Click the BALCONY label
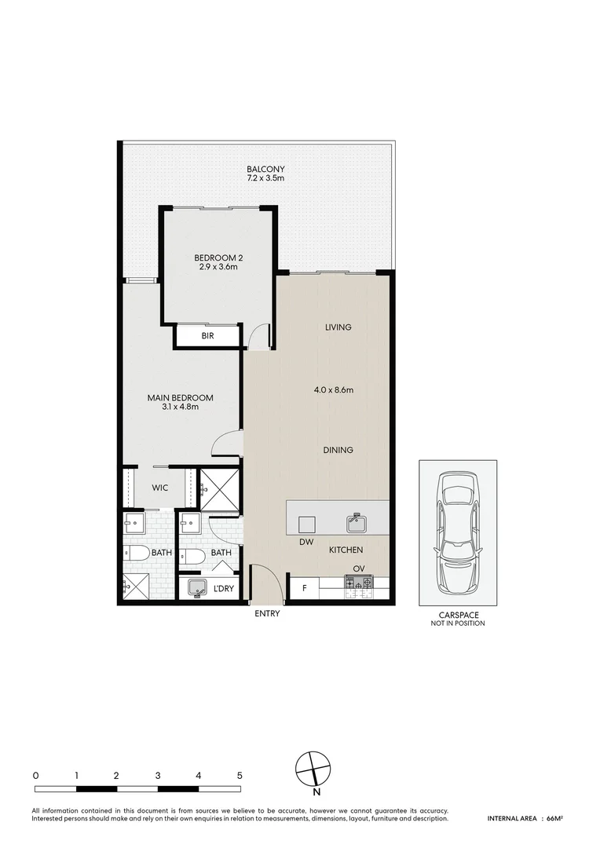(x=265, y=169)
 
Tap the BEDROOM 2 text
(x=218, y=257)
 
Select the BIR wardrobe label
(x=208, y=336)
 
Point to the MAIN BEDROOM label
(x=180, y=398)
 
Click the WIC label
(x=160, y=488)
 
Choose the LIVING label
(x=338, y=327)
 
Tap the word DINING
(x=338, y=450)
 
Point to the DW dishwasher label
(x=306, y=542)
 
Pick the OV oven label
(x=359, y=568)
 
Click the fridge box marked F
(x=304, y=587)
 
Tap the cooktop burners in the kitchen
(x=360, y=583)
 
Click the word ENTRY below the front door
(x=267, y=613)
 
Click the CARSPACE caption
(x=457, y=616)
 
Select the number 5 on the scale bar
(x=240, y=775)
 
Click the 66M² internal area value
(x=554, y=819)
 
